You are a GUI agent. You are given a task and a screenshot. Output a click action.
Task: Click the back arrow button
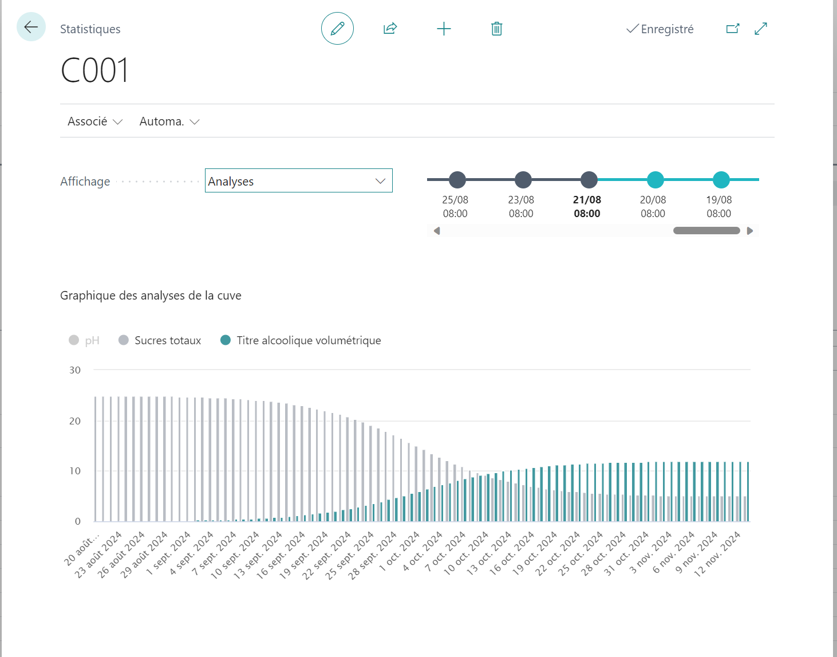click(x=31, y=27)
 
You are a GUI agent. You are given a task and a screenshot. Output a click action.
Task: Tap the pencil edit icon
click(x=337, y=29)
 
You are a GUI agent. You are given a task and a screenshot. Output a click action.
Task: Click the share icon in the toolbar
click(x=390, y=29)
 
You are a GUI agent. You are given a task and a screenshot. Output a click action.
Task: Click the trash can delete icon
click(x=496, y=29)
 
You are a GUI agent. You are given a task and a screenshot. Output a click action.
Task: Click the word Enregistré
click(x=667, y=29)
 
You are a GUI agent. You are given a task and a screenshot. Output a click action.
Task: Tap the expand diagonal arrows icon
click(x=761, y=29)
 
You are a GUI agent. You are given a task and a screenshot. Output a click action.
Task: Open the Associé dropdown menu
click(x=95, y=121)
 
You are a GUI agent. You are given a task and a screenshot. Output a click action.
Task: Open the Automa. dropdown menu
click(x=169, y=121)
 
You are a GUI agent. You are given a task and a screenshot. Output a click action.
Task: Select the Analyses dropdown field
click(x=298, y=180)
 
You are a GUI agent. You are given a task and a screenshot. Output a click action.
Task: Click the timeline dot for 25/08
click(x=457, y=180)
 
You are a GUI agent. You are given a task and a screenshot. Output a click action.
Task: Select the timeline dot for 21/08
click(x=589, y=180)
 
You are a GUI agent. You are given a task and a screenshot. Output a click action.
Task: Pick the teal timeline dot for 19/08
click(x=721, y=180)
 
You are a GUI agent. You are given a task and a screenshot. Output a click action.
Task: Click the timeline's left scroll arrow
click(x=437, y=231)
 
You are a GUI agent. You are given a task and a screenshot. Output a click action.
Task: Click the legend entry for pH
click(x=84, y=340)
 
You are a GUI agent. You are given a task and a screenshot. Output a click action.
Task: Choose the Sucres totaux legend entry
click(x=160, y=340)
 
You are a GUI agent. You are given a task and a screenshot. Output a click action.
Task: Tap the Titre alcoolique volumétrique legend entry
click(x=301, y=340)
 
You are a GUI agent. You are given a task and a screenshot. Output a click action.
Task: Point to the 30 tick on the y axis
click(x=75, y=370)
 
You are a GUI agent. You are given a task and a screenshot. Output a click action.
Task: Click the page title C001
click(x=94, y=70)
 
